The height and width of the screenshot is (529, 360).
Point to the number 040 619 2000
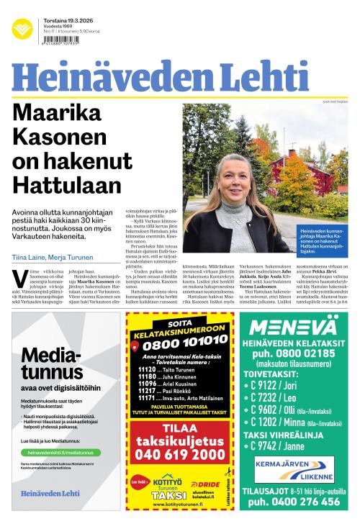point(179,454)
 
